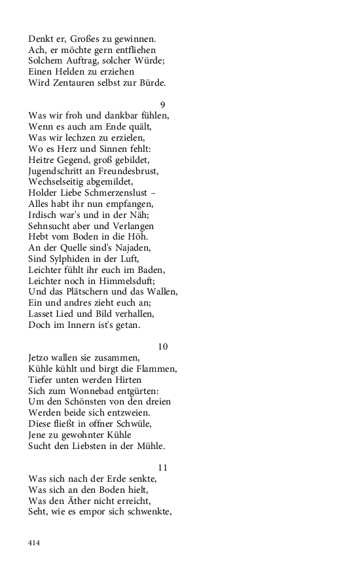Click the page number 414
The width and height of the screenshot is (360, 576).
coord(35,542)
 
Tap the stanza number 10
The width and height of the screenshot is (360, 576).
coord(163,346)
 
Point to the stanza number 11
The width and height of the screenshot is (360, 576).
coord(163,467)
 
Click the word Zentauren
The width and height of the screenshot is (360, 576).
coord(72,82)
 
